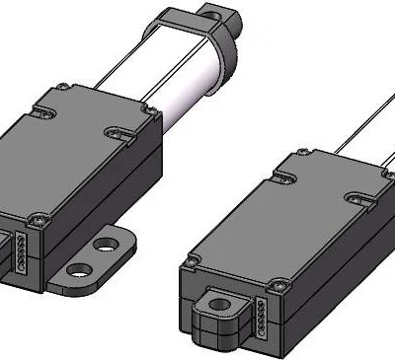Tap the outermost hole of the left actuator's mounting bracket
click(x=78, y=267)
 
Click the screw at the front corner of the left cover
click(x=39, y=218)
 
